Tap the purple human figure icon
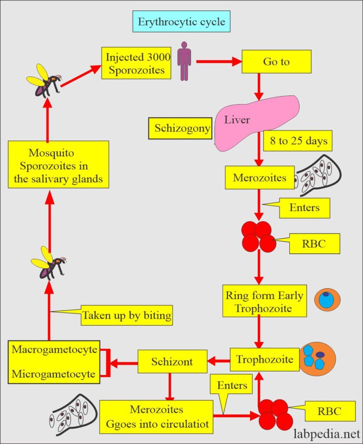[184, 61]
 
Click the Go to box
[276, 62]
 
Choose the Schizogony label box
[182, 128]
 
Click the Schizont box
[172, 361]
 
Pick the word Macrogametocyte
[54, 349]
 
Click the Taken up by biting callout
[127, 315]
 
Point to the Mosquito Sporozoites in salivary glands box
[58, 164]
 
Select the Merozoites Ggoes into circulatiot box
[156, 416]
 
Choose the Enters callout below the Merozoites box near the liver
[304, 208]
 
